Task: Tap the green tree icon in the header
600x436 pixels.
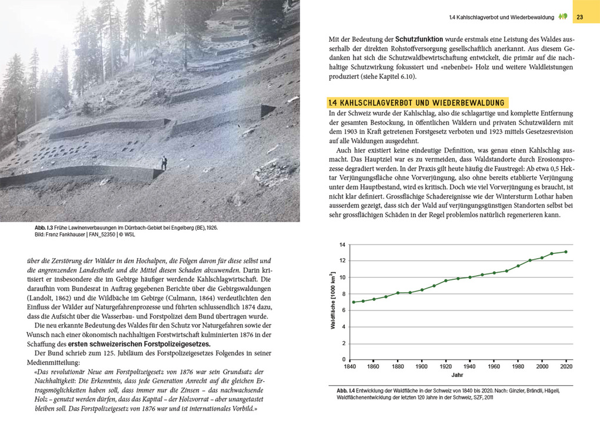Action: click(x=562, y=16)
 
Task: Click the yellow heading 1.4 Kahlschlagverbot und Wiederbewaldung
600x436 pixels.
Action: click(x=417, y=103)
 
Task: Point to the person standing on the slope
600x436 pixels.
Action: click(x=164, y=163)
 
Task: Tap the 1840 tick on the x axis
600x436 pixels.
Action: click(x=351, y=366)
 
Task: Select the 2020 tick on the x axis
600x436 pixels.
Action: click(x=566, y=366)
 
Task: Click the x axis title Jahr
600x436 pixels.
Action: click(x=458, y=375)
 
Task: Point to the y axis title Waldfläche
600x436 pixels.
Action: click(x=332, y=300)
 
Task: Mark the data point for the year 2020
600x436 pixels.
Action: click(x=566, y=252)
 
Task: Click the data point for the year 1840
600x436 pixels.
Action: click(x=353, y=302)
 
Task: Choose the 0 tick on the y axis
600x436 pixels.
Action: click(x=344, y=359)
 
